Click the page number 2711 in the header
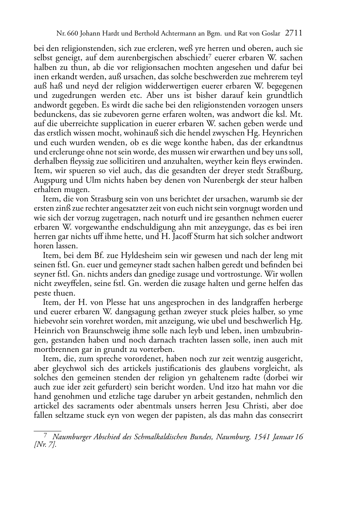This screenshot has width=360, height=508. click(x=294, y=34)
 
